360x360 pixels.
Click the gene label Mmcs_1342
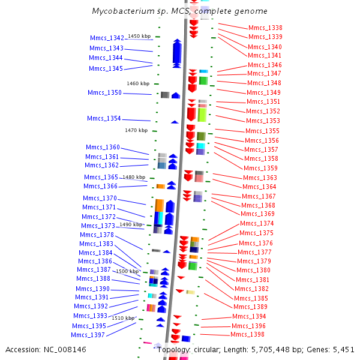(107, 38)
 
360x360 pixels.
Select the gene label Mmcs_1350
(104, 93)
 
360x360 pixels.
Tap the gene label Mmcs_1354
(104, 119)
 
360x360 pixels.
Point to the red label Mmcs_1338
(265, 28)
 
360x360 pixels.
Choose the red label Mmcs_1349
(263, 93)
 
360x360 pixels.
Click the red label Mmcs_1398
(247, 335)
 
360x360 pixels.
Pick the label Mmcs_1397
(88, 335)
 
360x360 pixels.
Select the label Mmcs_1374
(257, 224)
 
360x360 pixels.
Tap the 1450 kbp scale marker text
(139, 37)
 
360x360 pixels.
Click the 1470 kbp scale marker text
(136, 130)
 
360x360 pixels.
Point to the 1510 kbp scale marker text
(123, 318)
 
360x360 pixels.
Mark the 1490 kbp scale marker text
(131, 224)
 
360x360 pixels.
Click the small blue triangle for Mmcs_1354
(175, 122)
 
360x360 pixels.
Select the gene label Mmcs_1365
(101, 178)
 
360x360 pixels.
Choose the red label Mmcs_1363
(260, 178)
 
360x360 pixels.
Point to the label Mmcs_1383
(96, 244)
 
